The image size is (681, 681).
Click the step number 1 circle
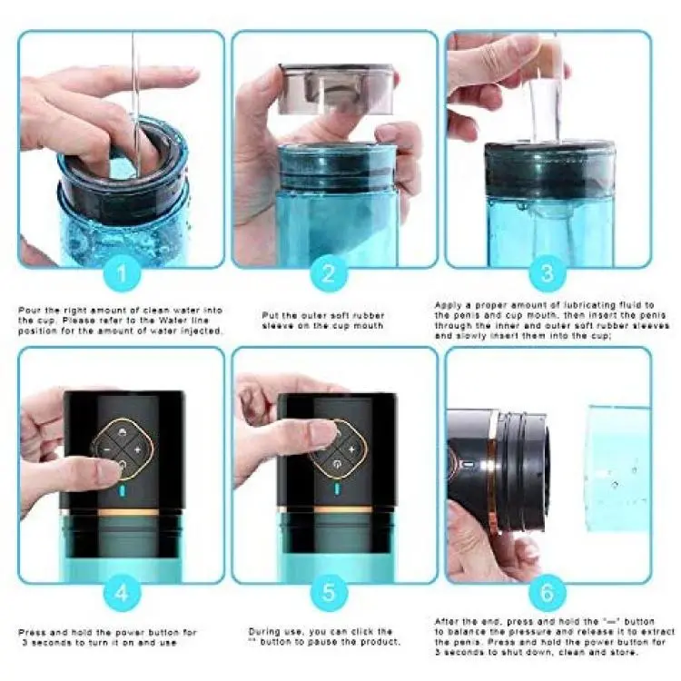(122, 273)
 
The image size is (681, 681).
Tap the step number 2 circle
(329, 273)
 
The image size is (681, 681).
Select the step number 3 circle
(548, 273)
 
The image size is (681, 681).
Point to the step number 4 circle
(122, 592)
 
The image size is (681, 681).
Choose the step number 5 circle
(329, 592)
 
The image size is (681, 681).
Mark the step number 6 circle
(548, 592)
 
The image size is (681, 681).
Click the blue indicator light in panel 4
(123, 491)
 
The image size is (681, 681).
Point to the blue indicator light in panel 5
(336, 489)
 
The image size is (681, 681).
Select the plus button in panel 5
(351, 449)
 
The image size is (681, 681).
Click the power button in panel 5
(336, 466)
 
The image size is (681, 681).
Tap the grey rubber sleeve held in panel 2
(337, 89)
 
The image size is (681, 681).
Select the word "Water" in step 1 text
(173, 321)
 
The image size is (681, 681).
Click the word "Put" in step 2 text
(271, 315)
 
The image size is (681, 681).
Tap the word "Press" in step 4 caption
(32, 632)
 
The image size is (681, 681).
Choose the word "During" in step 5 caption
(264, 631)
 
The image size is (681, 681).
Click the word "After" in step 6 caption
(447, 621)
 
